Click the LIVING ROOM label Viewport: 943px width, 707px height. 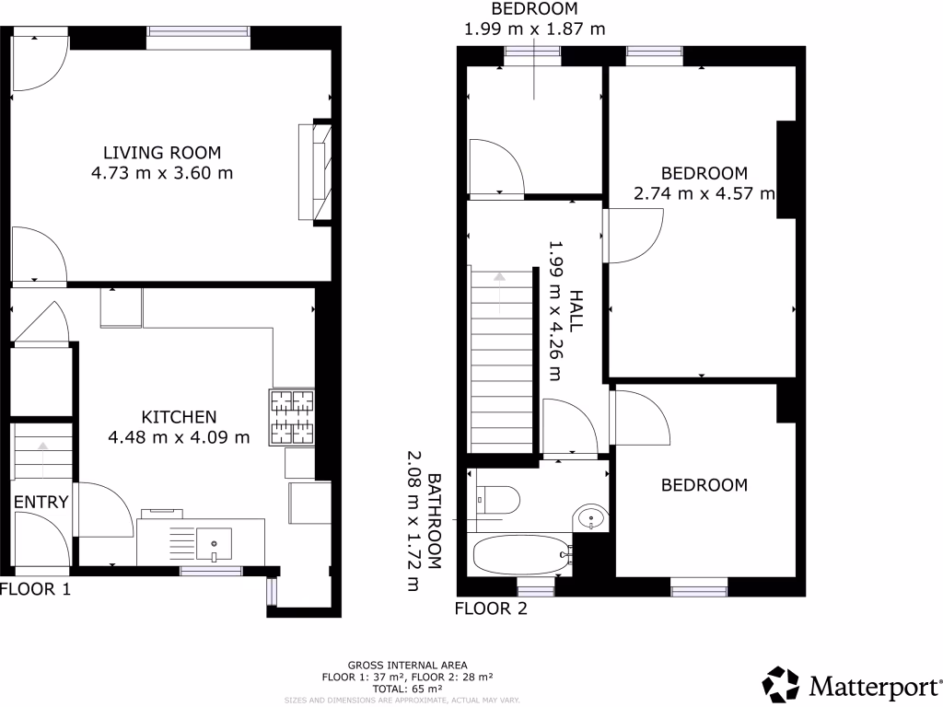click(x=162, y=153)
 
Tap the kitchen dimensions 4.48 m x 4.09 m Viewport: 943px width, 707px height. click(x=179, y=437)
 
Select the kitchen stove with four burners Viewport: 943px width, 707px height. click(x=292, y=418)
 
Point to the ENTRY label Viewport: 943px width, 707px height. click(x=41, y=502)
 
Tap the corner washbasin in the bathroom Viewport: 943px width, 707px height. click(x=588, y=518)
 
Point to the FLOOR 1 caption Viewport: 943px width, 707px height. click(x=35, y=589)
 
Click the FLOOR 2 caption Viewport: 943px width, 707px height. click(x=492, y=608)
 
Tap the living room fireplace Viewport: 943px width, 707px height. click(x=314, y=172)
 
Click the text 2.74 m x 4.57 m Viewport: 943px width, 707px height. click(x=704, y=193)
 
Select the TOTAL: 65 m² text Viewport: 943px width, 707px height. click(x=407, y=687)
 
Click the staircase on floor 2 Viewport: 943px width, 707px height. click(x=502, y=359)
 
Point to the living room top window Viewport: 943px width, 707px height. click(x=198, y=34)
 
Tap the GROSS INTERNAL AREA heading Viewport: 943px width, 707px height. click(x=407, y=665)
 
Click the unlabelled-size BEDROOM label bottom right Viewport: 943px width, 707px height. click(x=704, y=485)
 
